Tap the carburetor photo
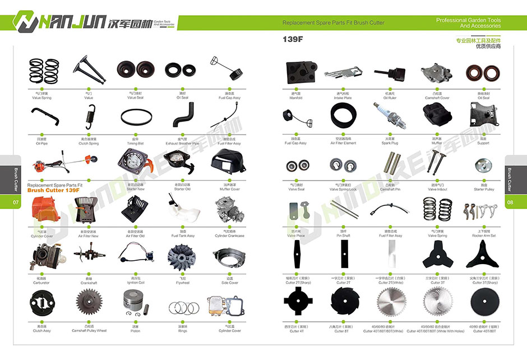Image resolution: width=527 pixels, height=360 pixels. coord(41,257)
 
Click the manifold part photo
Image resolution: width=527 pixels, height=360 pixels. coord(296,72)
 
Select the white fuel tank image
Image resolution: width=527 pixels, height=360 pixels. coord(182,211)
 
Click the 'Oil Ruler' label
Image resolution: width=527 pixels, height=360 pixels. coord(390,98)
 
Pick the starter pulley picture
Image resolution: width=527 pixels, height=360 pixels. coord(483,165)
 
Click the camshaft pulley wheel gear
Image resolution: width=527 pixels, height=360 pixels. coord(89,306)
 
